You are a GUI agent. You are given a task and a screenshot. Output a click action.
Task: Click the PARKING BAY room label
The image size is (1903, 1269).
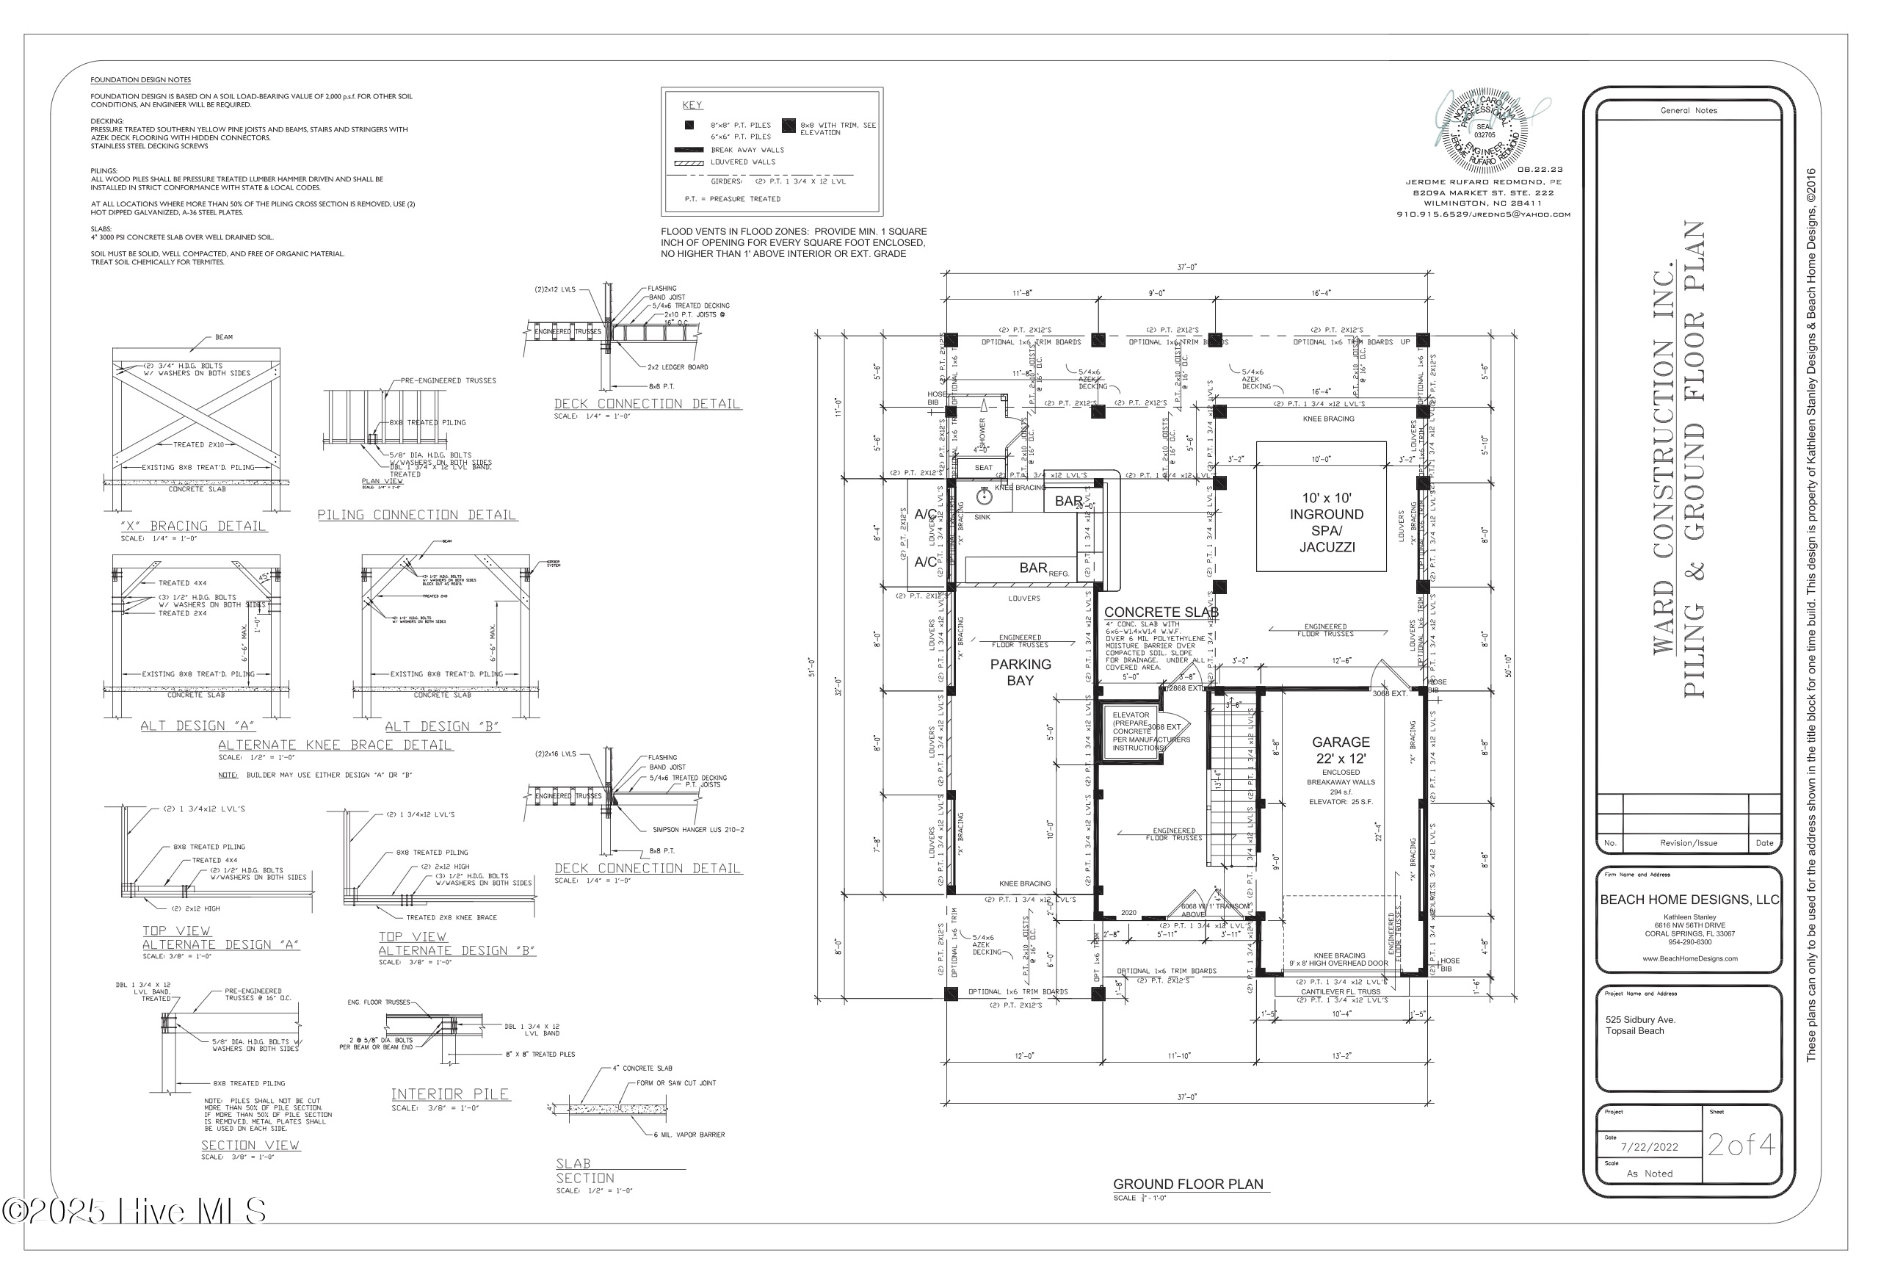click(x=1021, y=673)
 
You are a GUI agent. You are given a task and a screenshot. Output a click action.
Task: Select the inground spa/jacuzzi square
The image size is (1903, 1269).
click(x=1321, y=507)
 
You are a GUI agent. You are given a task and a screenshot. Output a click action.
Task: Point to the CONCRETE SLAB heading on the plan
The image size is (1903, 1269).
click(x=1160, y=612)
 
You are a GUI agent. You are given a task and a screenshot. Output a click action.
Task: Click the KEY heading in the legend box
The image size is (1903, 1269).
click(x=692, y=105)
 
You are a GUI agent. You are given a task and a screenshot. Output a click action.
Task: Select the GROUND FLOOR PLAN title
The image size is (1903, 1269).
click(x=1187, y=1184)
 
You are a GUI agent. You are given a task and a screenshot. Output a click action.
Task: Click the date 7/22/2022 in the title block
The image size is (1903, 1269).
click(x=1649, y=1147)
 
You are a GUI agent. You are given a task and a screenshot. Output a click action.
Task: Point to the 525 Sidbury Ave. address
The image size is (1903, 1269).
click(x=1640, y=1020)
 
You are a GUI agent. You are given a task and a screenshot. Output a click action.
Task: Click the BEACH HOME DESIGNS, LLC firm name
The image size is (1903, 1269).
click(x=1689, y=899)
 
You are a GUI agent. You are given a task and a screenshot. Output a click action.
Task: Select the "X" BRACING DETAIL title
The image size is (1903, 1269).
click(x=192, y=526)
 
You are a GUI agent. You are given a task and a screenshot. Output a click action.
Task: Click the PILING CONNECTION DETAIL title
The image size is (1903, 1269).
click(x=417, y=515)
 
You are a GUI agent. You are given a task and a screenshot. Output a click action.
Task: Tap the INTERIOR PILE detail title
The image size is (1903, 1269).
click(x=450, y=1094)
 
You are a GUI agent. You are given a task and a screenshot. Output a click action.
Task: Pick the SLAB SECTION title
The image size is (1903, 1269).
click(x=584, y=1171)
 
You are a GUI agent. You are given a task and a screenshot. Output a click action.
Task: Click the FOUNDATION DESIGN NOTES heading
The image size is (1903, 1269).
click(x=141, y=80)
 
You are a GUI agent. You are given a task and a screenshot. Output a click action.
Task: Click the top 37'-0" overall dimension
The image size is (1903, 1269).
click(x=1186, y=267)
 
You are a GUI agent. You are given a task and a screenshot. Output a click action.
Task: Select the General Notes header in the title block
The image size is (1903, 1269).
click(x=1688, y=111)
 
